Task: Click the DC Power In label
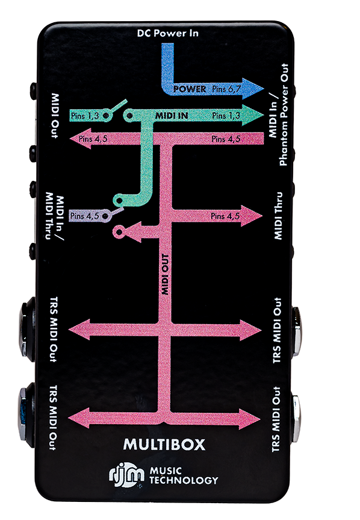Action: (167, 33)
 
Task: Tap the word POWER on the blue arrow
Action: (190, 89)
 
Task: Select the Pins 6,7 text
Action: (226, 89)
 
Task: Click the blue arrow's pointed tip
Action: (264, 89)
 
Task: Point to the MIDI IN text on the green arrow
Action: (172, 116)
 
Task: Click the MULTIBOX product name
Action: (164, 445)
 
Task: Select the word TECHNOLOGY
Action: (184, 480)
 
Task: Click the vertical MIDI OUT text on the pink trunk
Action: (166, 274)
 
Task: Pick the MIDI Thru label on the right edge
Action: (278, 216)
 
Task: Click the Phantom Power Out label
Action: (284, 114)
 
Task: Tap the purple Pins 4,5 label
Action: (85, 216)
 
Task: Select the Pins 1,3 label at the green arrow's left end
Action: (85, 116)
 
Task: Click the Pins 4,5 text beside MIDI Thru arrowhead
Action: (225, 216)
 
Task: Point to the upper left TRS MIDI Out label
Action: (54, 330)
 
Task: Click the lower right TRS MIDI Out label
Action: (276, 419)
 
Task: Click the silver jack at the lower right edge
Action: (296, 419)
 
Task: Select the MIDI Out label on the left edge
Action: (55, 116)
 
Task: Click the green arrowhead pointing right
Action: (252, 115)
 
